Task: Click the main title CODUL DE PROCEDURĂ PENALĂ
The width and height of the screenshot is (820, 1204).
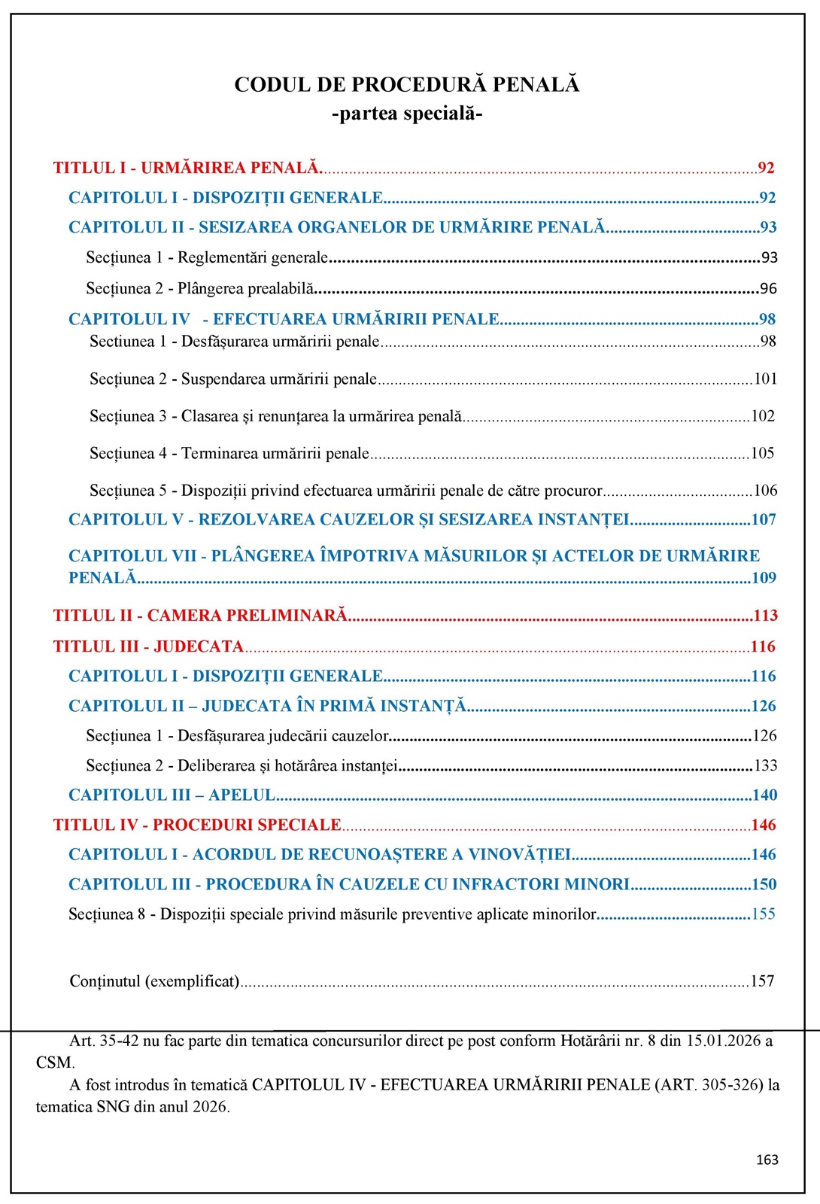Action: coord(406,84)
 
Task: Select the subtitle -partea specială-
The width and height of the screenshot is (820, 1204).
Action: coord(406,114)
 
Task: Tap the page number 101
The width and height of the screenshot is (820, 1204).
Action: coord(765,379)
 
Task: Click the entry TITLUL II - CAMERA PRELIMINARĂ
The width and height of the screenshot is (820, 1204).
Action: coord(200,616)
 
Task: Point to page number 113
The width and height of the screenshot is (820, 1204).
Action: coord(765,616)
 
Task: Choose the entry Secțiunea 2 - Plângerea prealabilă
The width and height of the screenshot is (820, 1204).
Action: coord(200,288)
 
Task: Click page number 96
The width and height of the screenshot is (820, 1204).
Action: coord(768,288)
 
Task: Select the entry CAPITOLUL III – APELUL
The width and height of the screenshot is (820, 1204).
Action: coord(172,795)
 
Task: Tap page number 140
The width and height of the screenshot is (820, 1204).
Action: coord(765,795)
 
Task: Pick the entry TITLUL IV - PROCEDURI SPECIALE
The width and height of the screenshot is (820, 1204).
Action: coord(197,825)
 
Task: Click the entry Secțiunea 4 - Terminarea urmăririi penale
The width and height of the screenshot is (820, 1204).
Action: coord(229,453)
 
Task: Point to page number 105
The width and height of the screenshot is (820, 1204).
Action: coord(763,453)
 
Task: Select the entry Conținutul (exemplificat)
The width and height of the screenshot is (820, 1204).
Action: coord(154,981)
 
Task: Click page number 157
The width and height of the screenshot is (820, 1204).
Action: coord(762,981)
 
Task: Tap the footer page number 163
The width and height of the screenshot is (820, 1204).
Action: coord(767,1160)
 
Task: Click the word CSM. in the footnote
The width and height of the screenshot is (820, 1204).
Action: coord(55,1063)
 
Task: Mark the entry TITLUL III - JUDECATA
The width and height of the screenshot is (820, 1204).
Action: coord(148,646)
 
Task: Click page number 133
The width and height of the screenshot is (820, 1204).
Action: coord(765,766)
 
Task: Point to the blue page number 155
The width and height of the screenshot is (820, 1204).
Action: coord(764,914)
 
